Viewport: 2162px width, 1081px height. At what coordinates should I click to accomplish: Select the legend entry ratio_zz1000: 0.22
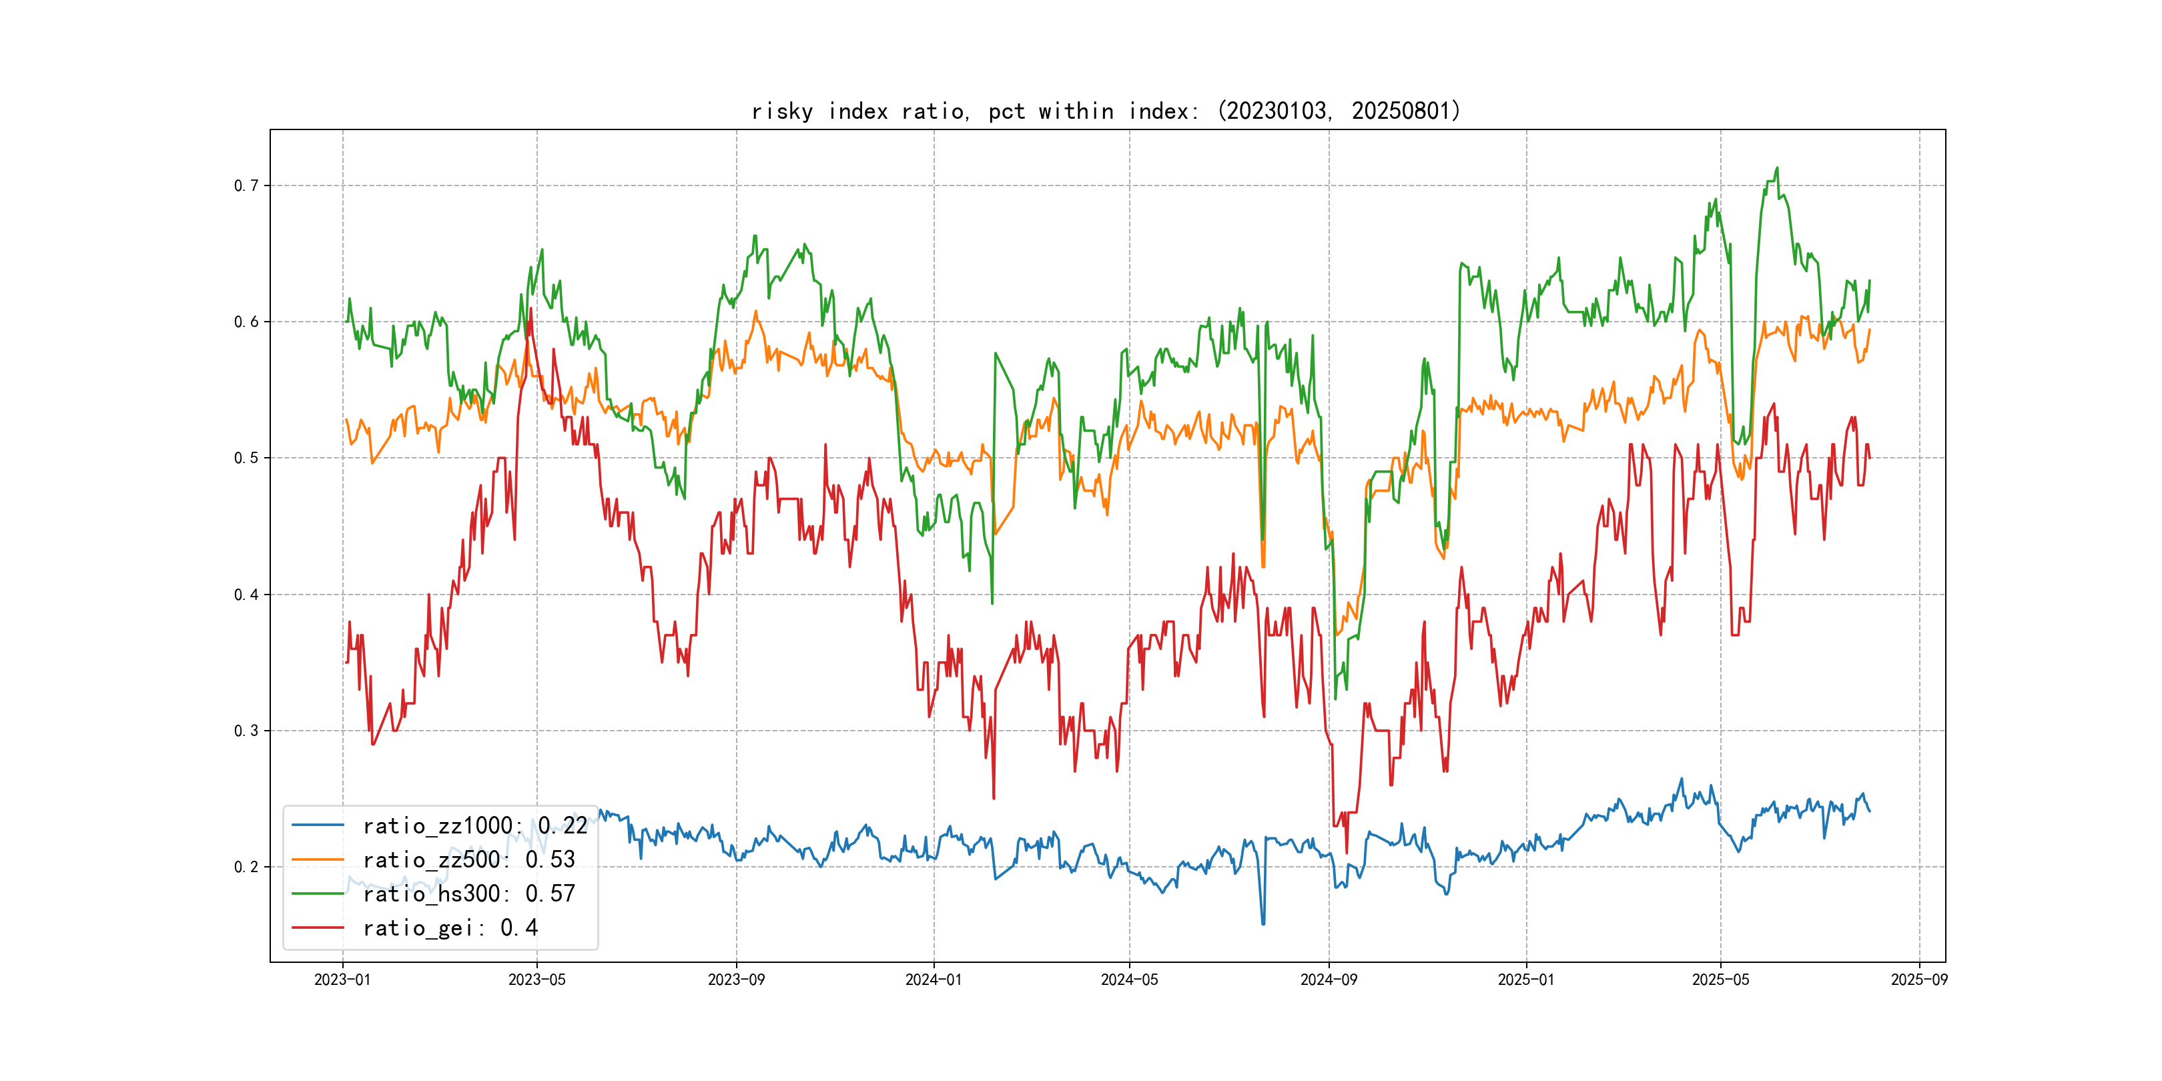[x=474, y=826]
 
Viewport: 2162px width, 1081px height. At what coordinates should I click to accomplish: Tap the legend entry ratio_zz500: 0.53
[x=468, y=859]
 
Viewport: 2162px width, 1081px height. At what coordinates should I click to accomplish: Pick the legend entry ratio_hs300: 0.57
[x=468, y=894]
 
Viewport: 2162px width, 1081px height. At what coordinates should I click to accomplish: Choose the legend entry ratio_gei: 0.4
[x=450, y=928]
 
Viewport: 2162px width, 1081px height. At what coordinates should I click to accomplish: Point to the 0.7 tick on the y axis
[x=246, y=186]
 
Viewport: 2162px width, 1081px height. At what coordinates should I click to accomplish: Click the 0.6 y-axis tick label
[x=246, y=322]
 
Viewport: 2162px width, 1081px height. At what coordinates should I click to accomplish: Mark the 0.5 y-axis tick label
[x=246, y=457]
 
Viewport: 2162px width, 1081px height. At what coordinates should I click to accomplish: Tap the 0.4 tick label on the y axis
[x=246, y=594]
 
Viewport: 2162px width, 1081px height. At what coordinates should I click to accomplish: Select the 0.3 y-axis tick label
[x=246, y=730]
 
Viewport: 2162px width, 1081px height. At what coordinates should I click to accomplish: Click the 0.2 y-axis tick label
[x=246, y=867]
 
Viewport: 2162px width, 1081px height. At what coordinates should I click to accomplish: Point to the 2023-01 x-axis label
[x=342, y=980]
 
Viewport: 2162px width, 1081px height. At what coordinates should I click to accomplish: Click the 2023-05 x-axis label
[x=537, y=980]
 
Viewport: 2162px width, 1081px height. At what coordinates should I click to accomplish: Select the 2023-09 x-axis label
[x=736, y=980]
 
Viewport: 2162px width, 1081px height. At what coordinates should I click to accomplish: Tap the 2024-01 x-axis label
[x=934, y=980]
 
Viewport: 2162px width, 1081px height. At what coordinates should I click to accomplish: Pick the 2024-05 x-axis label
[x=1129, y=980]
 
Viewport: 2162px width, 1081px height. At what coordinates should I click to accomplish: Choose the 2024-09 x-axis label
[x=1329, y=980]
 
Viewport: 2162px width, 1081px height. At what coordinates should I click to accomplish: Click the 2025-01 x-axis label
[x=1526, y=980]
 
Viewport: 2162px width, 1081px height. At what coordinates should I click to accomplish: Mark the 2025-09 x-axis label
[x=1918, y=980]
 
